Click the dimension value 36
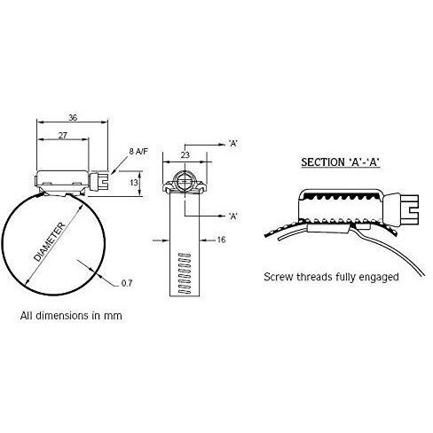pos(73,118)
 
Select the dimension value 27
pos(62,136)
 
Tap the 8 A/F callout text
pos(138,152)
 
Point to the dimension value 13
pos(134,183)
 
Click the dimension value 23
pos(185,155)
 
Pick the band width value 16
pos(221,240)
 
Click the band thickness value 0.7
pos(127,283)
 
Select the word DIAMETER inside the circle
pos(50,242)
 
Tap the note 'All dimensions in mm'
pos(71,316)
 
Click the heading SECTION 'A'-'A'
pos(340,162)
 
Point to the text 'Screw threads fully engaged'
pos(331,277)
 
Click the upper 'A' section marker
pos(233,144)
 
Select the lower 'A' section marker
pos(233,216)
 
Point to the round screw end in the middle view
pos(185,180)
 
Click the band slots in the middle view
pos(185,273)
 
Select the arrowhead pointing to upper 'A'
pos(222,145)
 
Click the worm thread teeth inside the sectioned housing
pos(342,196)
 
